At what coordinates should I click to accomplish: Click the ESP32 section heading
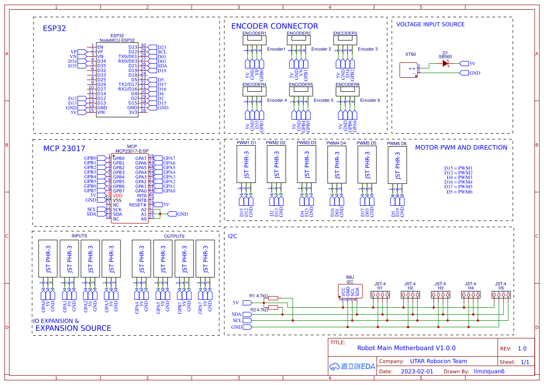(54, 28)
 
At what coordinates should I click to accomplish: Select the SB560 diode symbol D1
(445, 64)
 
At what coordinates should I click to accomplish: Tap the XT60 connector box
(409, 70)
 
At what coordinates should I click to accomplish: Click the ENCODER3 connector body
(345, 41)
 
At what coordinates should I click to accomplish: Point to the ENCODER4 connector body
(254, 92)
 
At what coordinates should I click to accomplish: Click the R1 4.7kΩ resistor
(273, 298)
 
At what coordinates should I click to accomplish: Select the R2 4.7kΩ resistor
(273, 307)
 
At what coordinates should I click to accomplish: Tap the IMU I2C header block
(350, 291)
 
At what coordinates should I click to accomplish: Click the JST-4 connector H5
(501, 294)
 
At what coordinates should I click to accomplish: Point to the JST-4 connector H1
(380, 294)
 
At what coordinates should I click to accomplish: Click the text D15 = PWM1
(458, 168)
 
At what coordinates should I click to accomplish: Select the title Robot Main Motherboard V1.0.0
(406, 348)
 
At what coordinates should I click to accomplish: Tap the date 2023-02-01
(416, 371)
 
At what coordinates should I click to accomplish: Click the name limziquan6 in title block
(489, 371)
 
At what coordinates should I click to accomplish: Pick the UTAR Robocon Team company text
(438, 361)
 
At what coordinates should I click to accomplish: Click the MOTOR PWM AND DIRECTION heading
(461, 148)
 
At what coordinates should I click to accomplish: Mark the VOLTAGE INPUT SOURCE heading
(430, 25)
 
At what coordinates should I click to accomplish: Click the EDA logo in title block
(352, 366)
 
